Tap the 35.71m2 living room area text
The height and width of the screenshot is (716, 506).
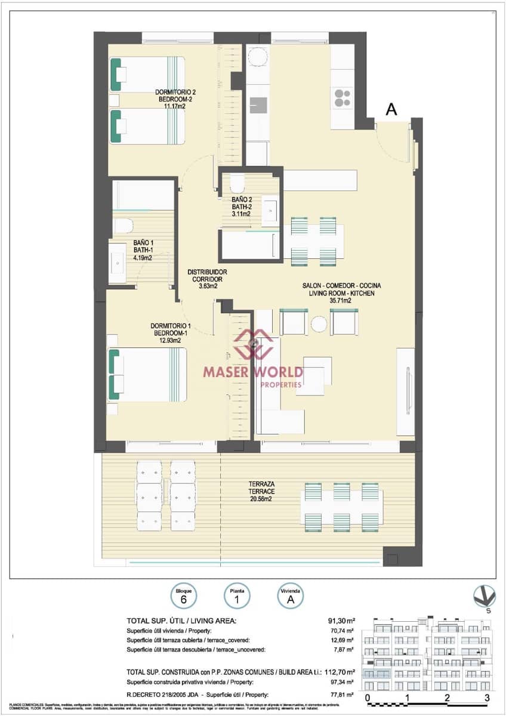coord(341,301)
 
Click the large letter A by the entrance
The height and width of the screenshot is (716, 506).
coord(391,109)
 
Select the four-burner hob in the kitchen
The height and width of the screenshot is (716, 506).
coord(343,97)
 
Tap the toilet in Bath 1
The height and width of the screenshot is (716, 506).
coord(123,226)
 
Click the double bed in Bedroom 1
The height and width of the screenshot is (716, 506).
coord(147,374)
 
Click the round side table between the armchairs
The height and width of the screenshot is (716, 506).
coord(319,323)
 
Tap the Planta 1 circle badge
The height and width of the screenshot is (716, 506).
coord(237,595)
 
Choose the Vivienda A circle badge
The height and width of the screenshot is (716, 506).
coord(291,595)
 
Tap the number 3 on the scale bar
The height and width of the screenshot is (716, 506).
coord(487,698)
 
